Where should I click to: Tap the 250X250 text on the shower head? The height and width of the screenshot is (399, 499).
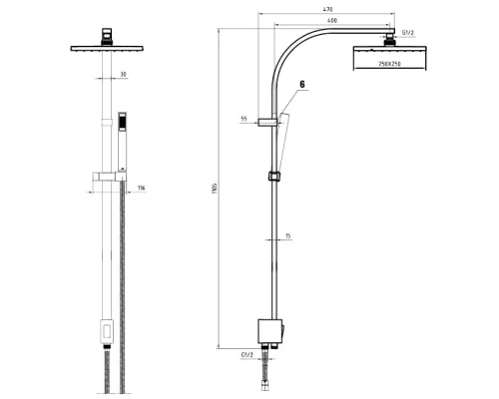tap(390, 63)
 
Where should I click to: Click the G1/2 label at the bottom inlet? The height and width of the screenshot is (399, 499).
tap(247, 354)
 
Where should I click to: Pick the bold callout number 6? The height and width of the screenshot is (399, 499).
tap(300, 87)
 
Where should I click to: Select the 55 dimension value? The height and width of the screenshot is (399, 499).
tap(244, 119)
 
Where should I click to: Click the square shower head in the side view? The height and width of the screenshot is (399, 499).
tap(391, 57)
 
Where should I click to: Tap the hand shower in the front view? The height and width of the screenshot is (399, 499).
tap(123, 140)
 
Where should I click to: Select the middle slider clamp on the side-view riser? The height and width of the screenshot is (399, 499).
tap(273, 179)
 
